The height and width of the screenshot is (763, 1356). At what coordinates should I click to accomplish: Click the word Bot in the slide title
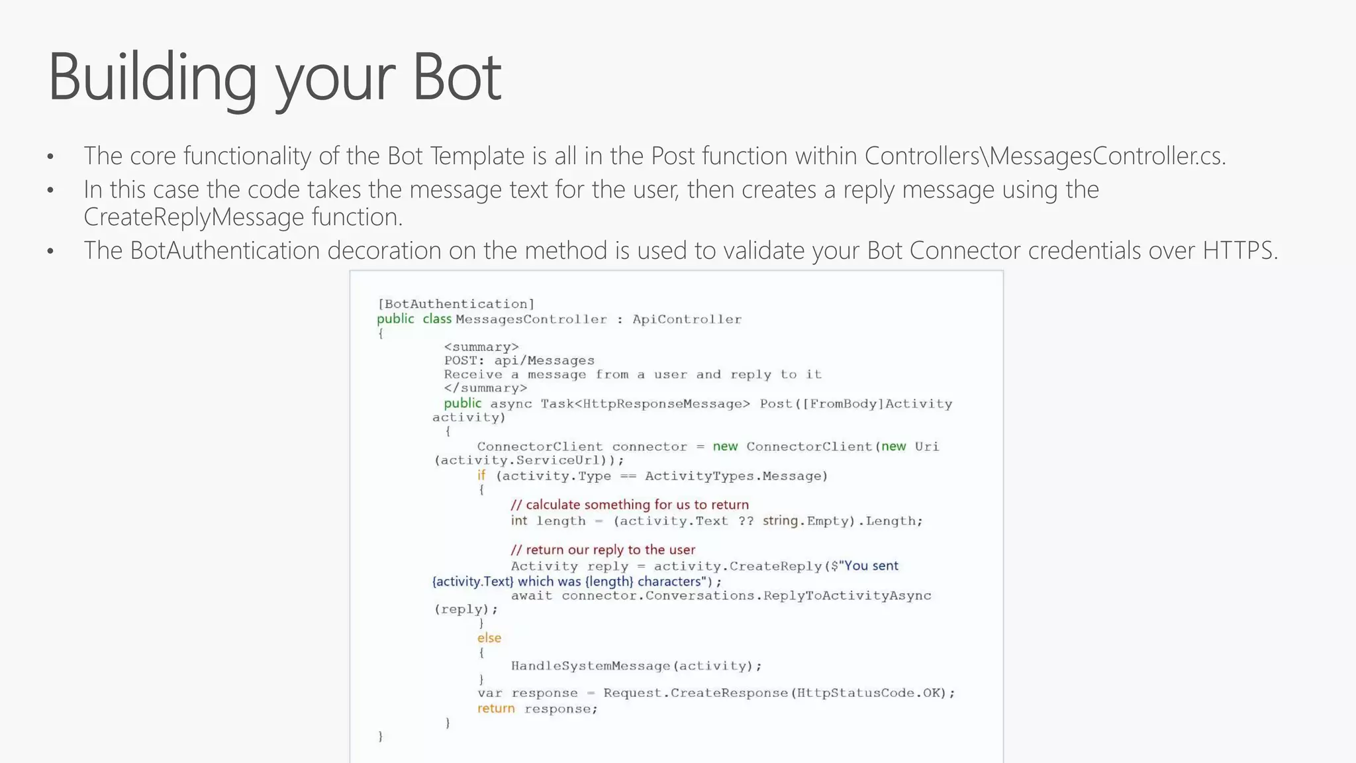coord(457,77)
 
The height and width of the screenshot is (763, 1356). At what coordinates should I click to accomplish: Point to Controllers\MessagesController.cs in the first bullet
coord(1045,156)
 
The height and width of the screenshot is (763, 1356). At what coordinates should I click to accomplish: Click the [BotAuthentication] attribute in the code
coord(456,304)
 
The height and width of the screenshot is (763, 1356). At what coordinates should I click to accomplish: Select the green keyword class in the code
coord(437,319)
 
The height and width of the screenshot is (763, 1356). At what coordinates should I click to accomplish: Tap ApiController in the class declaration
coord(687,319)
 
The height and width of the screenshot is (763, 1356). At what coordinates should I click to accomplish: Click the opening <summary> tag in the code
coord(481,347)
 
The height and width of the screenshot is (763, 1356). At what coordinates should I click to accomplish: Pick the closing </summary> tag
coord(485,388)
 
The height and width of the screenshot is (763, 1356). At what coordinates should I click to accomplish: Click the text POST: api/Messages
coord(519,360)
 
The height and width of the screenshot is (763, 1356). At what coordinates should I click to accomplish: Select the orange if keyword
coord(481,476)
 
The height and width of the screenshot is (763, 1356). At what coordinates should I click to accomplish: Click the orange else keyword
coord(489,638)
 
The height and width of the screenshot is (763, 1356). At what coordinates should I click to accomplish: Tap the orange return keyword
coord(496,709)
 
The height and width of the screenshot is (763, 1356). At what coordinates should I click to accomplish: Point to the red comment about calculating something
coord(630,505)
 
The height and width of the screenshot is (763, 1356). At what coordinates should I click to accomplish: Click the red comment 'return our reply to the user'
coord(603,550)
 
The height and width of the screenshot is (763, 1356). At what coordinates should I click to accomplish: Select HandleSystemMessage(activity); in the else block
coord(636,666)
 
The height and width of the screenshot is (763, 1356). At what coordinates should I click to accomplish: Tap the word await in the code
coord(532,595)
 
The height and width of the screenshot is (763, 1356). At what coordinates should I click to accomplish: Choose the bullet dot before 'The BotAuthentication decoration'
coord(50,252)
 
